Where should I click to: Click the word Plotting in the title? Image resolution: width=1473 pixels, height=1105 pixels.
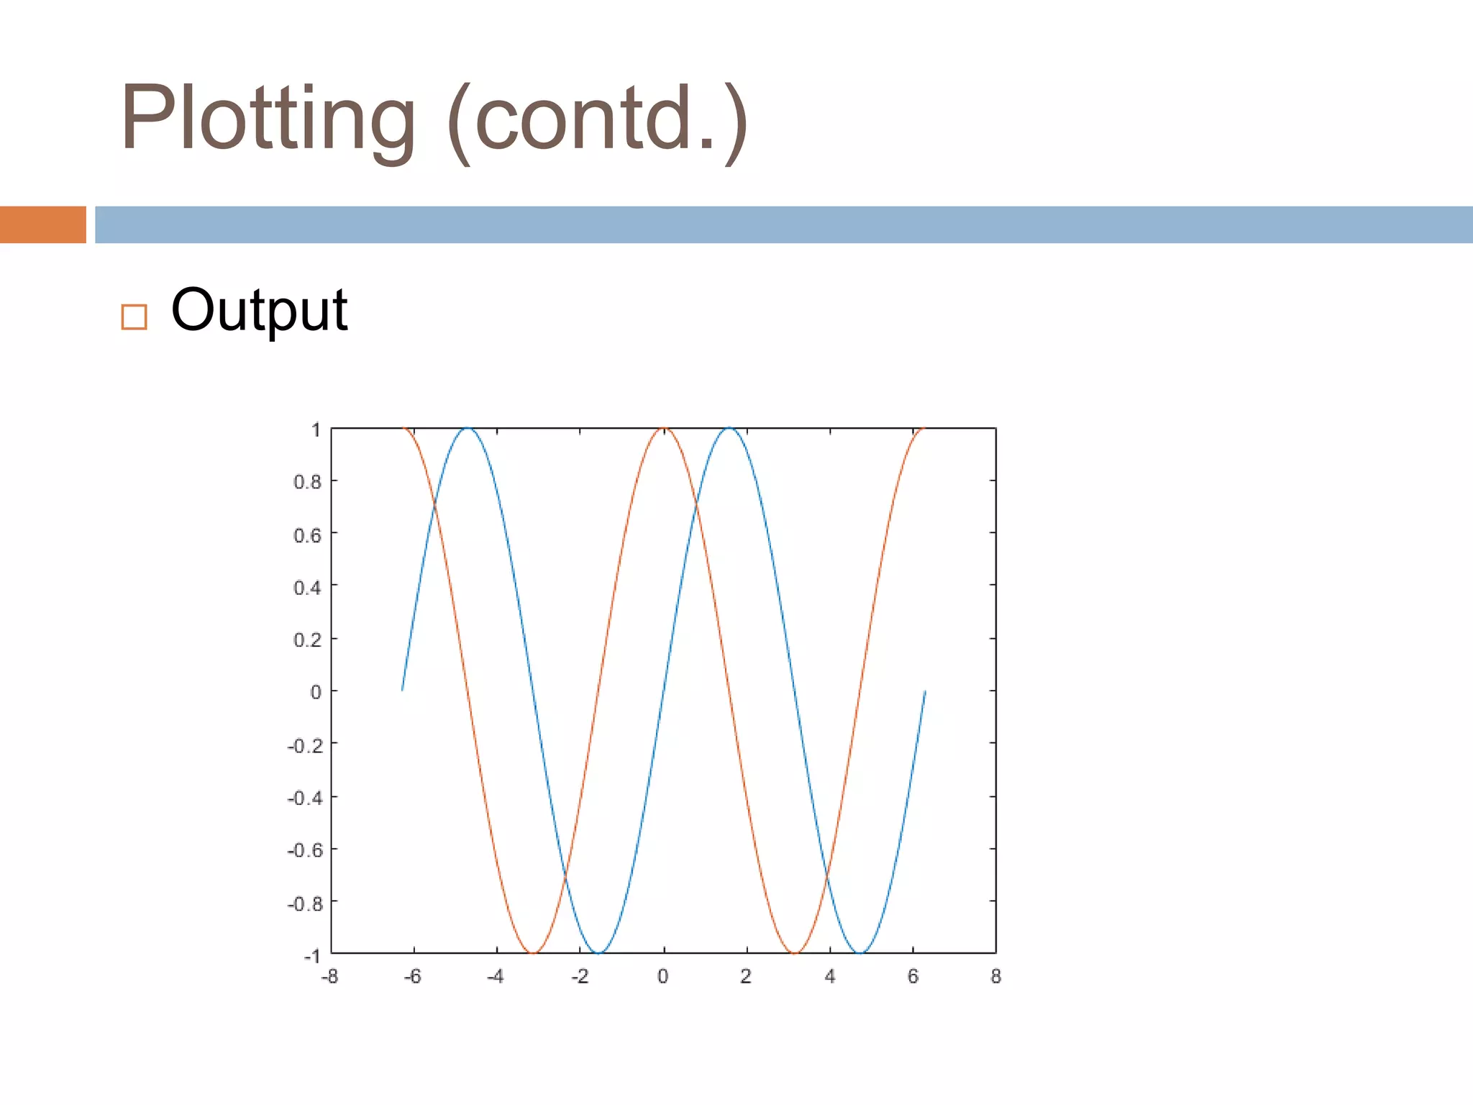[x=268, y=119]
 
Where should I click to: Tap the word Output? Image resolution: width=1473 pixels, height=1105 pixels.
[x=259, y=310]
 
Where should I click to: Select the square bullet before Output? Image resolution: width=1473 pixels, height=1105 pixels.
[x=134, y=317]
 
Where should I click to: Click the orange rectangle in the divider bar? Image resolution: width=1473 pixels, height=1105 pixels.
[x=42, y=224]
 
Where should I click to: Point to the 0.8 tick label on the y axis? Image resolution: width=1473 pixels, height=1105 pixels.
[x=307, y=482]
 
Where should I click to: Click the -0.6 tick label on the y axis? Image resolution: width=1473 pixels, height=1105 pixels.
[x=305, y=850]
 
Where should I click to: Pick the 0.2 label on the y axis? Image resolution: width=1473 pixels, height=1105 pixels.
[x=307, y=640]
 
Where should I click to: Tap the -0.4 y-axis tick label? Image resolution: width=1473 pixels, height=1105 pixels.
[x=305, y=798]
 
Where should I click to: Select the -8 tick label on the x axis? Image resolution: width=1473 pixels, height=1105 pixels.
[x=329, y=976]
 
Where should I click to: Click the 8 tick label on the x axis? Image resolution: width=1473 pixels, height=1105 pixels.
[x=995, y=976]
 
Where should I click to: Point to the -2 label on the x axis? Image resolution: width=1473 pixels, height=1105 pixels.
[x=580, y=976]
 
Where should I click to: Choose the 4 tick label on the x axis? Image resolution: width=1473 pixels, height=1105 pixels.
[x=830, y=976]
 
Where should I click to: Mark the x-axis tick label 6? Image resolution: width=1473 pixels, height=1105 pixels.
[x=913, y=976]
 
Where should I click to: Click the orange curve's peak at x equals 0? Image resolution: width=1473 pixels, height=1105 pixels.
[x=664, y=429]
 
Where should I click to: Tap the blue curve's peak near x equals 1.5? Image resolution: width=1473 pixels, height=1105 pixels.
[x=729, y=429]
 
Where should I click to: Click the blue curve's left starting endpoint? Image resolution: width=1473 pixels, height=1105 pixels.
[x=402, y=690]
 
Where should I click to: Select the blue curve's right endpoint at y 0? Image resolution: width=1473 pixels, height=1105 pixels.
[x=925, y=691]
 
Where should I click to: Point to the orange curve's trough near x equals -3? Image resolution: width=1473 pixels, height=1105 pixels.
[x=533, y=952]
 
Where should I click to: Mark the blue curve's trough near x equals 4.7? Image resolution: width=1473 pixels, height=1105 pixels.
[x=860, y=952]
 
